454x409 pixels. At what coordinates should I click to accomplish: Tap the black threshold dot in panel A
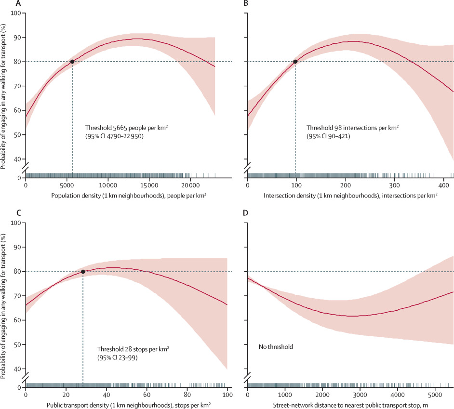point(72,62)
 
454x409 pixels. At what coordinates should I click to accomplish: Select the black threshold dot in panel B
point(295,62)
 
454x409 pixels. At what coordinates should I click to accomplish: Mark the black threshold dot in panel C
point(83,272)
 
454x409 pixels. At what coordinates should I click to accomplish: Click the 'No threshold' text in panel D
point(275,346)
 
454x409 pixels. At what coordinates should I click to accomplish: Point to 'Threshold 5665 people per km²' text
point(127,128)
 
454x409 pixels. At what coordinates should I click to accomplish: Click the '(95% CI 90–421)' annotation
point(328,137)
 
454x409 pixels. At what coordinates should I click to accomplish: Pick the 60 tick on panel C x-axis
point(147,396)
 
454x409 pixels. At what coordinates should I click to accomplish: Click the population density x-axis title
point(120,197)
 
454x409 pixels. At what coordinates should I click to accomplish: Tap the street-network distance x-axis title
point(350,406)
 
